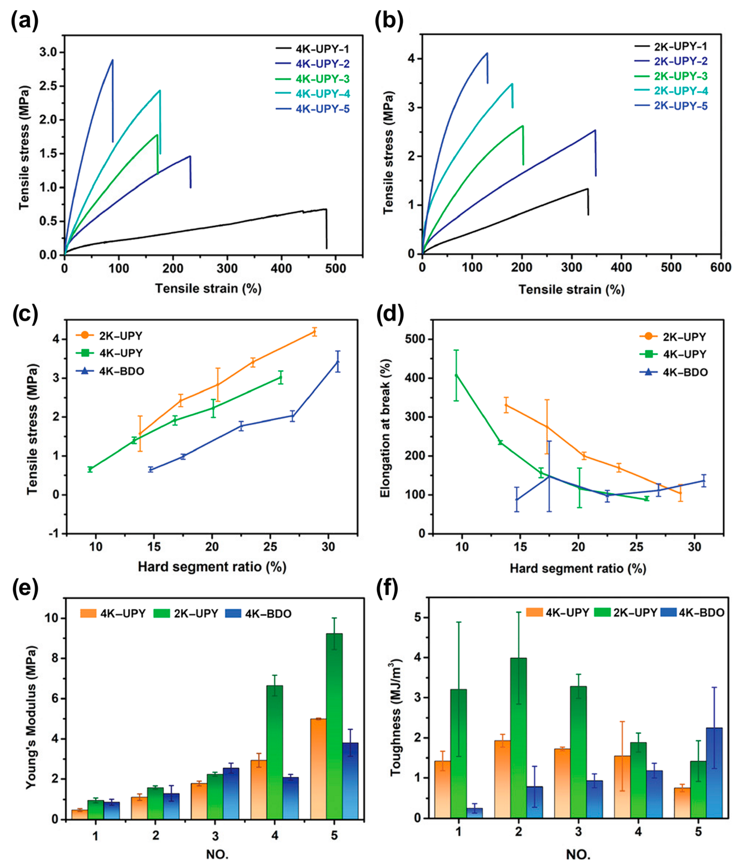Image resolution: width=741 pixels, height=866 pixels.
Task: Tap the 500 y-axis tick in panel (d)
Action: click(413, 339)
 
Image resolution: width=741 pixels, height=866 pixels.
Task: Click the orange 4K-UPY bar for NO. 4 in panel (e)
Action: click(259, 790)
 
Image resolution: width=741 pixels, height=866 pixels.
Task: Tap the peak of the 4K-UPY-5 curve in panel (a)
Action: click(112, 60)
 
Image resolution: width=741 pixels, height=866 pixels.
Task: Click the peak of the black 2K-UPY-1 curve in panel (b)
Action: click(587, 189)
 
